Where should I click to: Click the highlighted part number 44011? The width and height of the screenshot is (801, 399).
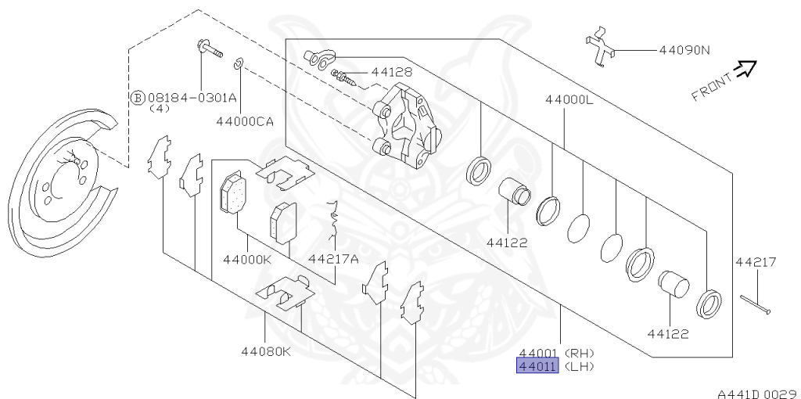[537, 366]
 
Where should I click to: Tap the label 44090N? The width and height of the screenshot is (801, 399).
[684, 50]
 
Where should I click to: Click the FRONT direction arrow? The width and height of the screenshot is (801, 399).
[745, 68]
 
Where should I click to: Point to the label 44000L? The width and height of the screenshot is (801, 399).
[569, 99]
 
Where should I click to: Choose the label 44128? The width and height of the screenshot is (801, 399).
[392, 72]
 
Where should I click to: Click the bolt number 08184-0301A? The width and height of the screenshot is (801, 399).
[192, 97]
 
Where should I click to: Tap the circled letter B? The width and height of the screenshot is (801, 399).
[138, 98]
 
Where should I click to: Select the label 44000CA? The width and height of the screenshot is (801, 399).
[244, 121]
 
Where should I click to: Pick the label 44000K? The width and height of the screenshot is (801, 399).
[247, 260]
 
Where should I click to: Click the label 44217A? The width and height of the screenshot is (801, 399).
[333, 260]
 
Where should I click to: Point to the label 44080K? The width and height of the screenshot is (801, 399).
[266, 351]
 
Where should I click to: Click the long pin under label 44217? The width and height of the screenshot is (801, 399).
[756, 305]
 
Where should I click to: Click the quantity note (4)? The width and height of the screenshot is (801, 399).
[160, 109]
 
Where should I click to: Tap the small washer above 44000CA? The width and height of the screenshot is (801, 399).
[238, 64]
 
